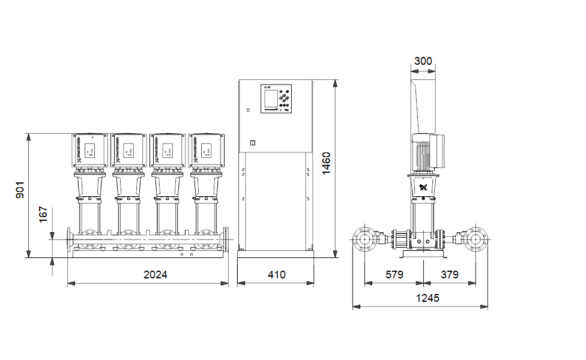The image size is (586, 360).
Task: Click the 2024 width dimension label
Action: tap(155, 275)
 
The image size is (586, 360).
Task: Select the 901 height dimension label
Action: tap(19, 190)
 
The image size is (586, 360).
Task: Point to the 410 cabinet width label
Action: tap(276, 275)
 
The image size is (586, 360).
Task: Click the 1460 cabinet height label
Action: tap(326, 163)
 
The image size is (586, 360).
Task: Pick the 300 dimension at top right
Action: tap(423, 61)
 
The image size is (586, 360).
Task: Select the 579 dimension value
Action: tap(394, 275)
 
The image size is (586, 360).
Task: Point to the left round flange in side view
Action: tap(364, 239)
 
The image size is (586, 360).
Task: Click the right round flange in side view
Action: tap(476, 239)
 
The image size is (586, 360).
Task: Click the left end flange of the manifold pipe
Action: tap(70, 240)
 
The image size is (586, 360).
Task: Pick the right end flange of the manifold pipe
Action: tap(226, 240)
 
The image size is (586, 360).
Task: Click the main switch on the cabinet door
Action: tap(252, 143)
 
